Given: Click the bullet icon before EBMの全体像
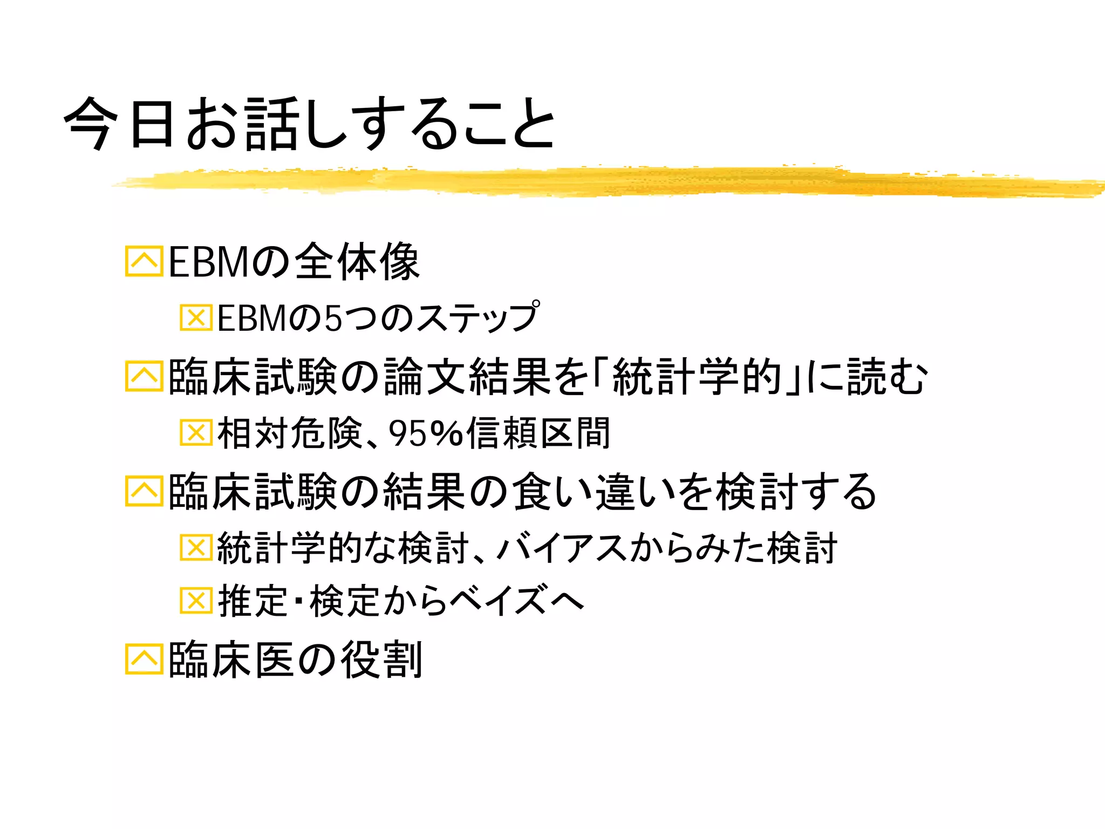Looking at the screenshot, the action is tap(144, 261).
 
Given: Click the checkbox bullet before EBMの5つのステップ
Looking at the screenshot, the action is tap(195, 317).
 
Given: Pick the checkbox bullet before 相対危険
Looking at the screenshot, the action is tap(195, 432).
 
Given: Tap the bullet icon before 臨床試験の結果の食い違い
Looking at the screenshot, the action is tap(144, 491).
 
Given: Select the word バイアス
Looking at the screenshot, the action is tap(561, 548).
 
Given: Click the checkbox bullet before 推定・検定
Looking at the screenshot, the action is tap(195, 600).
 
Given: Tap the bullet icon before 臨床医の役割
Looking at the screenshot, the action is tap(144, 659).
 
